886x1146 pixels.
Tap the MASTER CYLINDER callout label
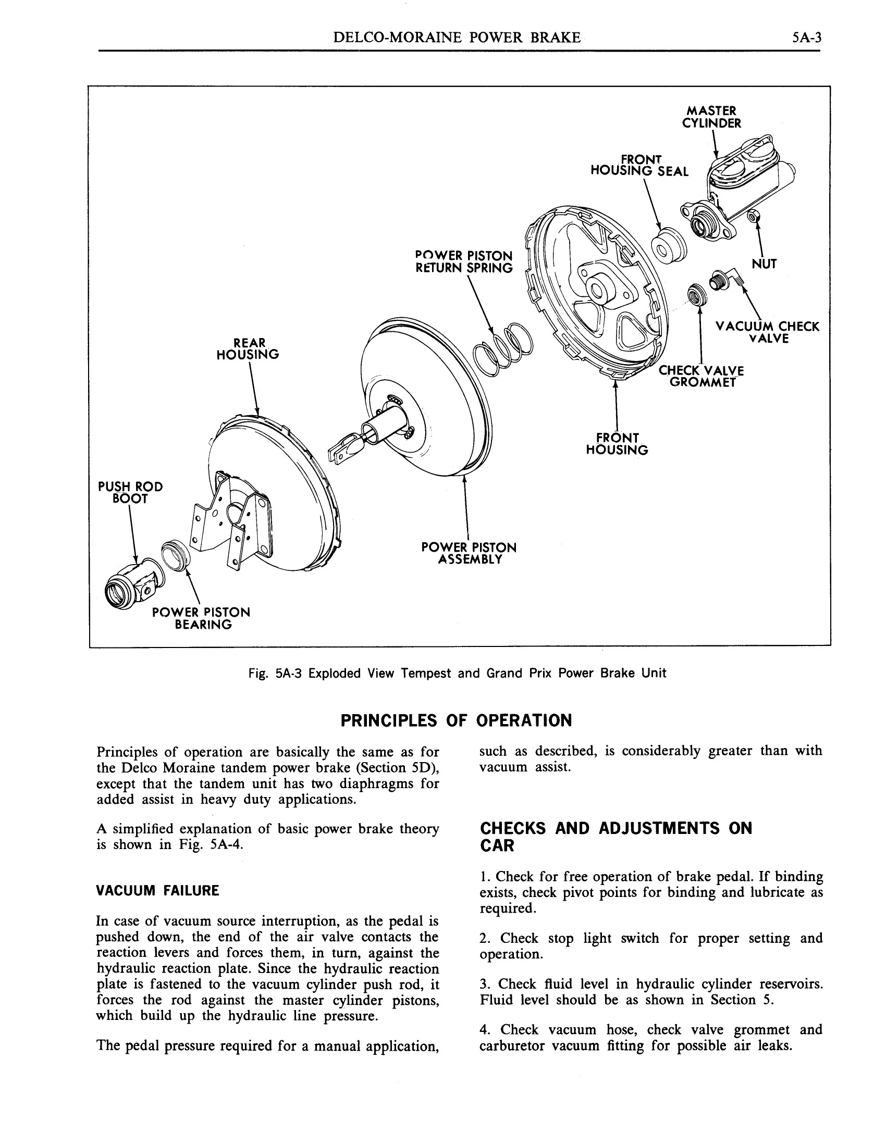[711, 117]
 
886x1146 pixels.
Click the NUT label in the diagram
[764, 264]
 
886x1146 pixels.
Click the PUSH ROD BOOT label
[130, 493]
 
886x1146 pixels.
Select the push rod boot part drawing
[131, 588]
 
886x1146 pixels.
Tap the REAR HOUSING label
[248, 348]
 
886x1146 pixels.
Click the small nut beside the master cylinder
[754, 214]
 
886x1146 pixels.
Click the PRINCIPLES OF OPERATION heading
[456, 720]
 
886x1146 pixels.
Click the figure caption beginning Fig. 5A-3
[457, 673]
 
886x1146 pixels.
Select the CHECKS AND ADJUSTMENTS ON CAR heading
[616, 837]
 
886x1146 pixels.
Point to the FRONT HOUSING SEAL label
[639, 165]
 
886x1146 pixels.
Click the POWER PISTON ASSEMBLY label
[469, 553]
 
